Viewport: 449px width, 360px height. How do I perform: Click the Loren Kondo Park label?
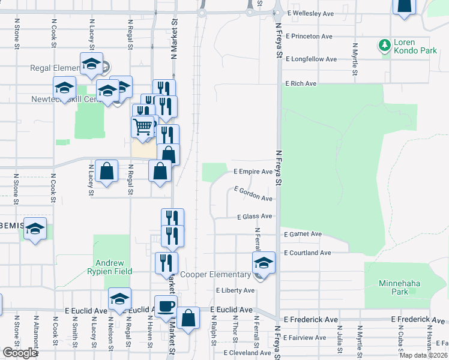(415, 47)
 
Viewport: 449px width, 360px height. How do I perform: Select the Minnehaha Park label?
(402, 287)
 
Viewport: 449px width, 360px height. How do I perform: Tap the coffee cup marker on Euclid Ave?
(166, 306)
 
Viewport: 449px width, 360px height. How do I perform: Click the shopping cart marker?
(142, 127)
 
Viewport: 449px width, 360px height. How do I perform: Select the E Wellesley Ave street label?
(310, 13)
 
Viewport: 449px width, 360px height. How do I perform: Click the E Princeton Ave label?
(309, 36)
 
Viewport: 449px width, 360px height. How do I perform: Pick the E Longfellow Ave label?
(312, 59)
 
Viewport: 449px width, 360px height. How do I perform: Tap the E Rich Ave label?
(301, 83)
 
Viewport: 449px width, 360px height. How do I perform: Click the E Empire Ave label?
(253, 172)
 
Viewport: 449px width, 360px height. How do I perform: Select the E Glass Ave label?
(255, 217)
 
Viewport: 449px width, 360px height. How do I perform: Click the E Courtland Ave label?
(307, 253)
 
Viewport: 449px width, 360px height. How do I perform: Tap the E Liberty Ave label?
(235, 290)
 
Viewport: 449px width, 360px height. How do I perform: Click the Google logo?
(20, 353)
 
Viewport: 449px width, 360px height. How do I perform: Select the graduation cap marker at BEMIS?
(35, 229)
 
